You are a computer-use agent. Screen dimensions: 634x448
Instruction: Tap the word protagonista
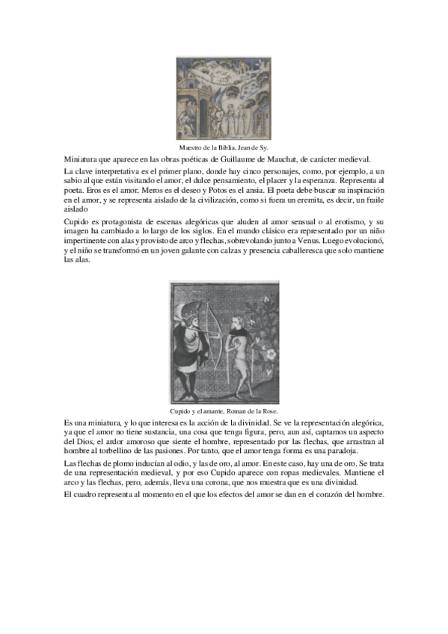(122, 223)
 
